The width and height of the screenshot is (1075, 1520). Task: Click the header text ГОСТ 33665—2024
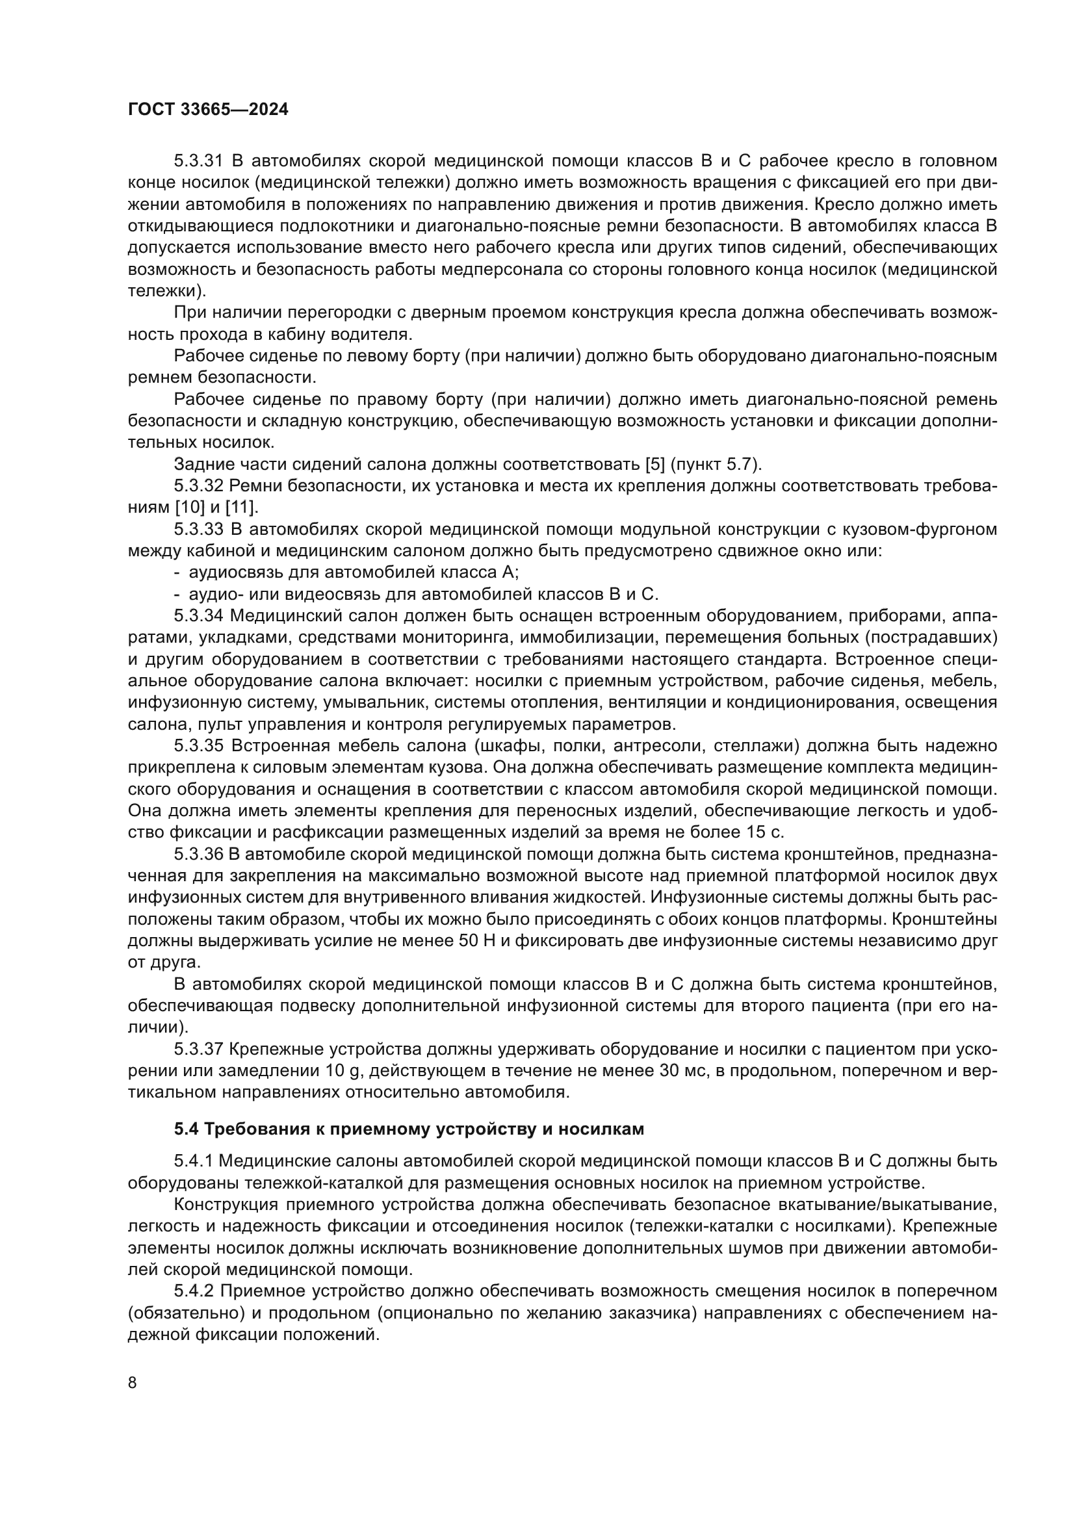[x=208, y=110]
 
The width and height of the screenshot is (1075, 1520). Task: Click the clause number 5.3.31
[x=199, y=161]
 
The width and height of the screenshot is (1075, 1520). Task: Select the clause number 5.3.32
[x=199, y=486]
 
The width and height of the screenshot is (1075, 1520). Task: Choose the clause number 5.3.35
[x=199, y=746]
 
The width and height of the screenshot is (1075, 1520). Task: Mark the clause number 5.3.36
[x=199, y=855]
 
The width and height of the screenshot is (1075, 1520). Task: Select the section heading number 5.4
[x=187, y=1129]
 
